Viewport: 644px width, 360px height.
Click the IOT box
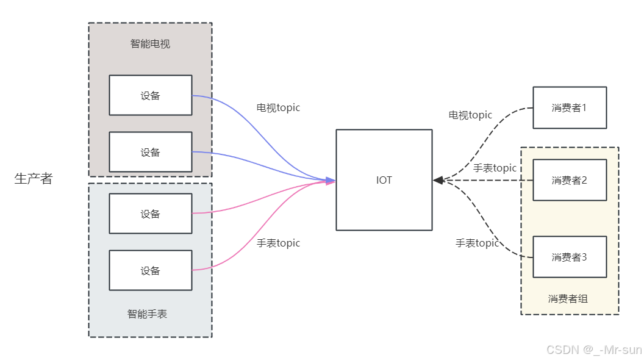[384, 180]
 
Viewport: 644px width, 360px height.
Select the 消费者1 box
[570, 107]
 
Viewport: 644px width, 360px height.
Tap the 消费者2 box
[570, 180]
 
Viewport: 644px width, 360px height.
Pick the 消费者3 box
[570, 257]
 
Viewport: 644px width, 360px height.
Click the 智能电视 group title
[150, 44]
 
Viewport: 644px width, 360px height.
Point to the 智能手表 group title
[147, 314]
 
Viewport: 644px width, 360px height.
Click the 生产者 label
[34, 179]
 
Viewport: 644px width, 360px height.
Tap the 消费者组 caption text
[568, 298]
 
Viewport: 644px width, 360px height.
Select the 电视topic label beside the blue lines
[278, 108]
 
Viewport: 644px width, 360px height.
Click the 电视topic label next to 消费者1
[470, 115]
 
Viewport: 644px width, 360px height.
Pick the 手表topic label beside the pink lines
[278, 243]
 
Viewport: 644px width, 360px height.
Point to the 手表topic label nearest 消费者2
[495, 168]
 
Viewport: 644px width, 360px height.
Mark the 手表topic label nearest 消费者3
[477, 243]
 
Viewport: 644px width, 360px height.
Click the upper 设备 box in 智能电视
[151, 95]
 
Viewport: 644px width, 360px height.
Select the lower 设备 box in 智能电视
[151, 152]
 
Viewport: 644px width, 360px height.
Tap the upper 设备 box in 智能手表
[151, 214]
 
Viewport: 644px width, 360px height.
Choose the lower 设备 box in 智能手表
[151, 270]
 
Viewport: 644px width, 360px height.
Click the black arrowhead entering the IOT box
[438, 180]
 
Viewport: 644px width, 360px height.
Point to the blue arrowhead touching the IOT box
[331, 180]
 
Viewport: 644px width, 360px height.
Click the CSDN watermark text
[593, 350]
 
